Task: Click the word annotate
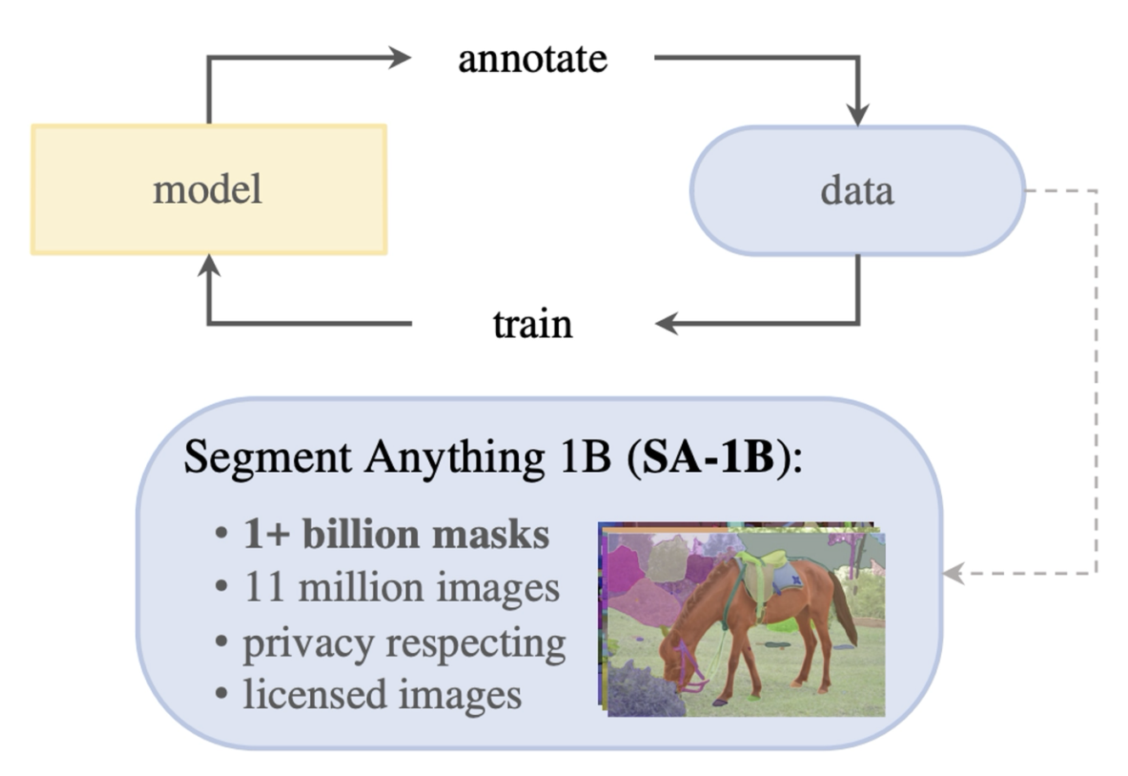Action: tap(533, 59)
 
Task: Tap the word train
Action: tap(533, 324)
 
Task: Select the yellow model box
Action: tap(209, 189)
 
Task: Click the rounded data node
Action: tap(857, 190)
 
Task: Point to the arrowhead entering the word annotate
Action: tap(400, 58)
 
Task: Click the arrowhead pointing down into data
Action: tap(858, 115)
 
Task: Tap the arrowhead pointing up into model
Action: tap(209, 266)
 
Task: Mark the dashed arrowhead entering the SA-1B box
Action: tap(954, 574)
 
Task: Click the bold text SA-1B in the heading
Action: tap(708, 458)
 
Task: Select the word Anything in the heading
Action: tap(454, 458)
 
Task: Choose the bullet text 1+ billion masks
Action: tap(396, 535)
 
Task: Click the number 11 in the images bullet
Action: tap(263, 588)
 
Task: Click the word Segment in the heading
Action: tap(268, 458)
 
